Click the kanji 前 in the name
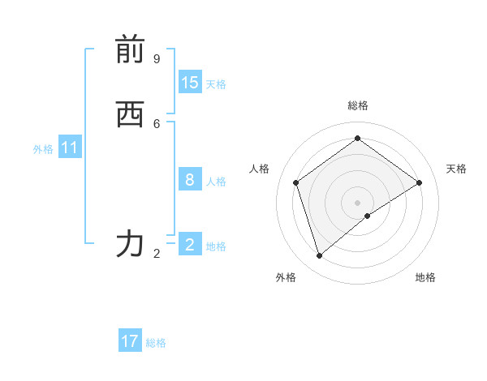coord(130,50)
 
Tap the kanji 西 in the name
coord(130,115)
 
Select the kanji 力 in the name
coord(130,243)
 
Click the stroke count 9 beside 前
coord(157,59)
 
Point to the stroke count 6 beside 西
coord(157,123)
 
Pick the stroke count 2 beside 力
coord(157,254)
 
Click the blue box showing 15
coord(190,83)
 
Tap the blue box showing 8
coord(190,180)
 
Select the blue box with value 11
coord(70,148)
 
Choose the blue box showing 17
coord(130,341)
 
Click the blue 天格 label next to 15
coord(216,84)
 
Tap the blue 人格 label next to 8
coord(216,182)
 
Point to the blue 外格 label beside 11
coord(43,149)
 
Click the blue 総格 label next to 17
coord(156,343)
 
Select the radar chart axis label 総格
coord(358,105)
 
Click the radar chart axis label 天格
coord(456,169)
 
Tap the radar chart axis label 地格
coord(425,277)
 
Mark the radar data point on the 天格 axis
coord(420,182)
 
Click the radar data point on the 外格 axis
coord(320,256)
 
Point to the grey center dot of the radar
coord(358,202)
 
